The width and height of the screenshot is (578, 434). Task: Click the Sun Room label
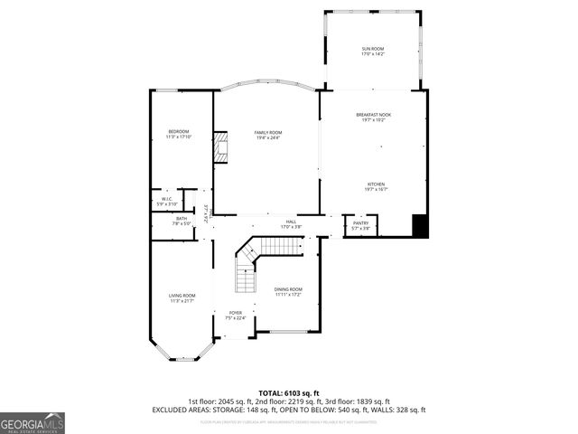[x=373, y=52]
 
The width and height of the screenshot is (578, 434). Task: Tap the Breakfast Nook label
[x=373, y=117]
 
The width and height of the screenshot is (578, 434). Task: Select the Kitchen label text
[x=376, y=185]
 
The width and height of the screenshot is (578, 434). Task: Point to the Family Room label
[x=267, y=136]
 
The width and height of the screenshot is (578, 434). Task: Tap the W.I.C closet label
[x=167, y=201]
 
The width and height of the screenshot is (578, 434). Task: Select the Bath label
[x=182, y=221]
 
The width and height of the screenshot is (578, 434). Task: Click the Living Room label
[x=182, y=297]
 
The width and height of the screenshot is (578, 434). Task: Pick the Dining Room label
[x=288, y=291]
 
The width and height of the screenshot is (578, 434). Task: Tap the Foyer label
[x=235, y=315]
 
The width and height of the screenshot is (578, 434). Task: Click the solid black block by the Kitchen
[x=420, y=226]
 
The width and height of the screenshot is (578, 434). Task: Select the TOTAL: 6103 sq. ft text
[x=288, y=392]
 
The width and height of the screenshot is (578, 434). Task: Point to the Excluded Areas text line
[x=288, y=410]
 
